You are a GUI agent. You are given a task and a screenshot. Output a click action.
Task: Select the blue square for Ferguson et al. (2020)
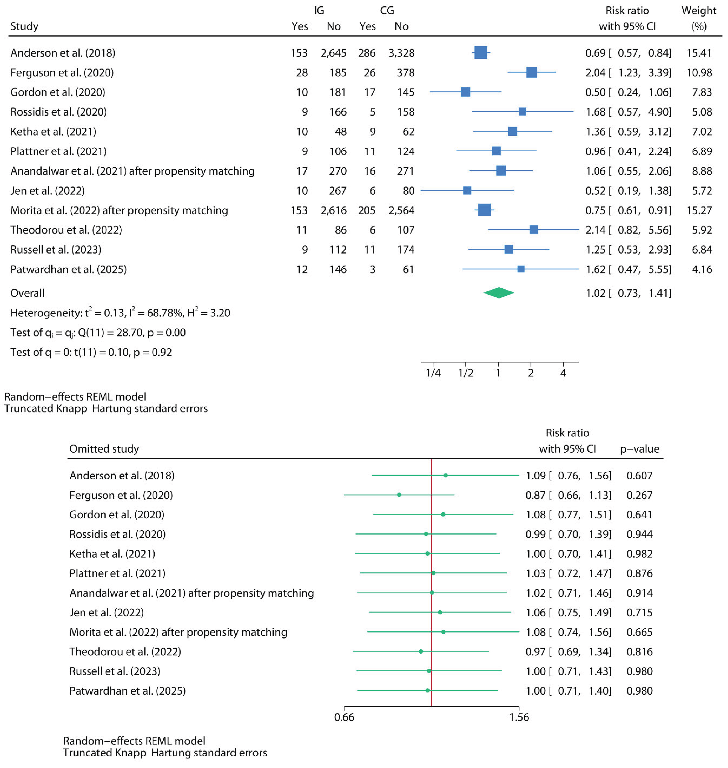click(x=532, y=72)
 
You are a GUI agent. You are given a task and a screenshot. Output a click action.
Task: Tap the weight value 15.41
click(x=699, y=53)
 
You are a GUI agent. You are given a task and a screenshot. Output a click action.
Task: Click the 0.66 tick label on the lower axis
click(x=344, y=717)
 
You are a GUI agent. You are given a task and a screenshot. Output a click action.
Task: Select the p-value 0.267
click(x=639, y=495)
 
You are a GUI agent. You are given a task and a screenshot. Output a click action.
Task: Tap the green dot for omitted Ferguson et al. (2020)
click(x=399, y=495)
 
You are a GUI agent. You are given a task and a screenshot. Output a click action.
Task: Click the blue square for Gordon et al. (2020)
click(x=465, y=92)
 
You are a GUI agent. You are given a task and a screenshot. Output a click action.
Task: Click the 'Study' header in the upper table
click(x=24, y=26)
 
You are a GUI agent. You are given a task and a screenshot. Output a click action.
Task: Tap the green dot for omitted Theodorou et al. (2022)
click(x=421, y=652)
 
